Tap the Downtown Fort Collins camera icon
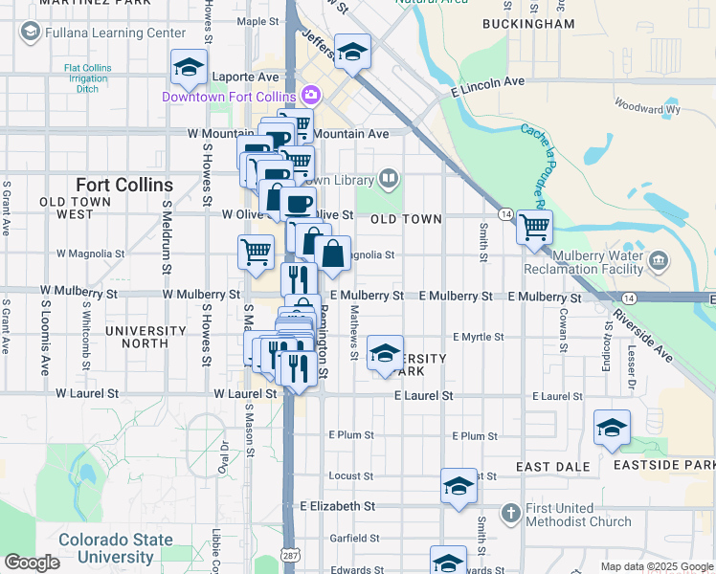click(310, 95)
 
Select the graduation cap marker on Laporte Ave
click(189, 68)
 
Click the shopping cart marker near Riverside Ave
click(534, 228)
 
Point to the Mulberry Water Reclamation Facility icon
click(659, 260)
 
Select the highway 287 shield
click(289, 555)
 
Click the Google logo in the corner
click(33, 563)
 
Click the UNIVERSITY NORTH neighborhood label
click(145, 337)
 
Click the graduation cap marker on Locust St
click(459, 486)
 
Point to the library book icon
click(389, 178)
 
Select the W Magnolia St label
click(90, 254)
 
